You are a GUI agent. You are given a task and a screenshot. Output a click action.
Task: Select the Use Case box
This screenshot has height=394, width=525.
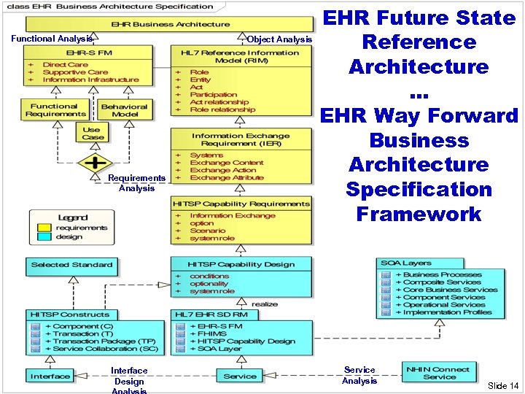pos(92,133)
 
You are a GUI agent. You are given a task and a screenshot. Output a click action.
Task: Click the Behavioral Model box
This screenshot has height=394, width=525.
pos(124,109)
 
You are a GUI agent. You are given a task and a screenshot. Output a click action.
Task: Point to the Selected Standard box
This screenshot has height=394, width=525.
pos(71,265)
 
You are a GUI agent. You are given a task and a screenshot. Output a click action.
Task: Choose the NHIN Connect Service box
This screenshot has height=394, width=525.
pos(439,372)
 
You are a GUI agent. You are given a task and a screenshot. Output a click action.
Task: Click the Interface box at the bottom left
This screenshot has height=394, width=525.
pos(50,376)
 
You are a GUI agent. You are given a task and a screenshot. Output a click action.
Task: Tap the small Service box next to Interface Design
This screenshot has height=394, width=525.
pos(240,376)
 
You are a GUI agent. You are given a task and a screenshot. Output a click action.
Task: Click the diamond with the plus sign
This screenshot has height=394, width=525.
pos(95,162)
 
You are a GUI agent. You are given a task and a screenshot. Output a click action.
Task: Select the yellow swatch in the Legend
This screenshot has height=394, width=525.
pos(44,228)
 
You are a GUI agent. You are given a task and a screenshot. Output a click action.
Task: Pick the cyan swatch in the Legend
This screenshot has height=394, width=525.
pos(44,236)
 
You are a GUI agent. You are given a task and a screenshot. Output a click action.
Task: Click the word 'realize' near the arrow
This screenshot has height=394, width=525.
pos(265,304)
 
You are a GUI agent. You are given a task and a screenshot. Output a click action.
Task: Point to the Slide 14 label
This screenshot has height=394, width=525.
pos(503,385)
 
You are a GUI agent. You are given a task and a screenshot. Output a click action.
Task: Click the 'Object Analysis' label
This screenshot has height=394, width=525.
pos(279,39)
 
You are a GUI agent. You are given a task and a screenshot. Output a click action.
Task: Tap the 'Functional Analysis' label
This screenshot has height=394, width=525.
pos(51,39)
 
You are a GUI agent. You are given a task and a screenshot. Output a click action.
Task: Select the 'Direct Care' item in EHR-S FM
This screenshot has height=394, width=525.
pos(65,64)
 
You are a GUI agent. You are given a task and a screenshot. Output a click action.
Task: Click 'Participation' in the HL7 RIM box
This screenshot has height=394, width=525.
pos(214,94)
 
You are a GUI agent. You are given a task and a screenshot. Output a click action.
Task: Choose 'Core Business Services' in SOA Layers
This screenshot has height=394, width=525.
pos(446,290)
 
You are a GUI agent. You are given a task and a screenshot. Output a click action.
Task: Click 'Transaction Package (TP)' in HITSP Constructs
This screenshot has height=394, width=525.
pos(104,341)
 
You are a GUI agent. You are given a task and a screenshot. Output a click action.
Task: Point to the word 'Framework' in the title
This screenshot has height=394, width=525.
pos(419,214)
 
